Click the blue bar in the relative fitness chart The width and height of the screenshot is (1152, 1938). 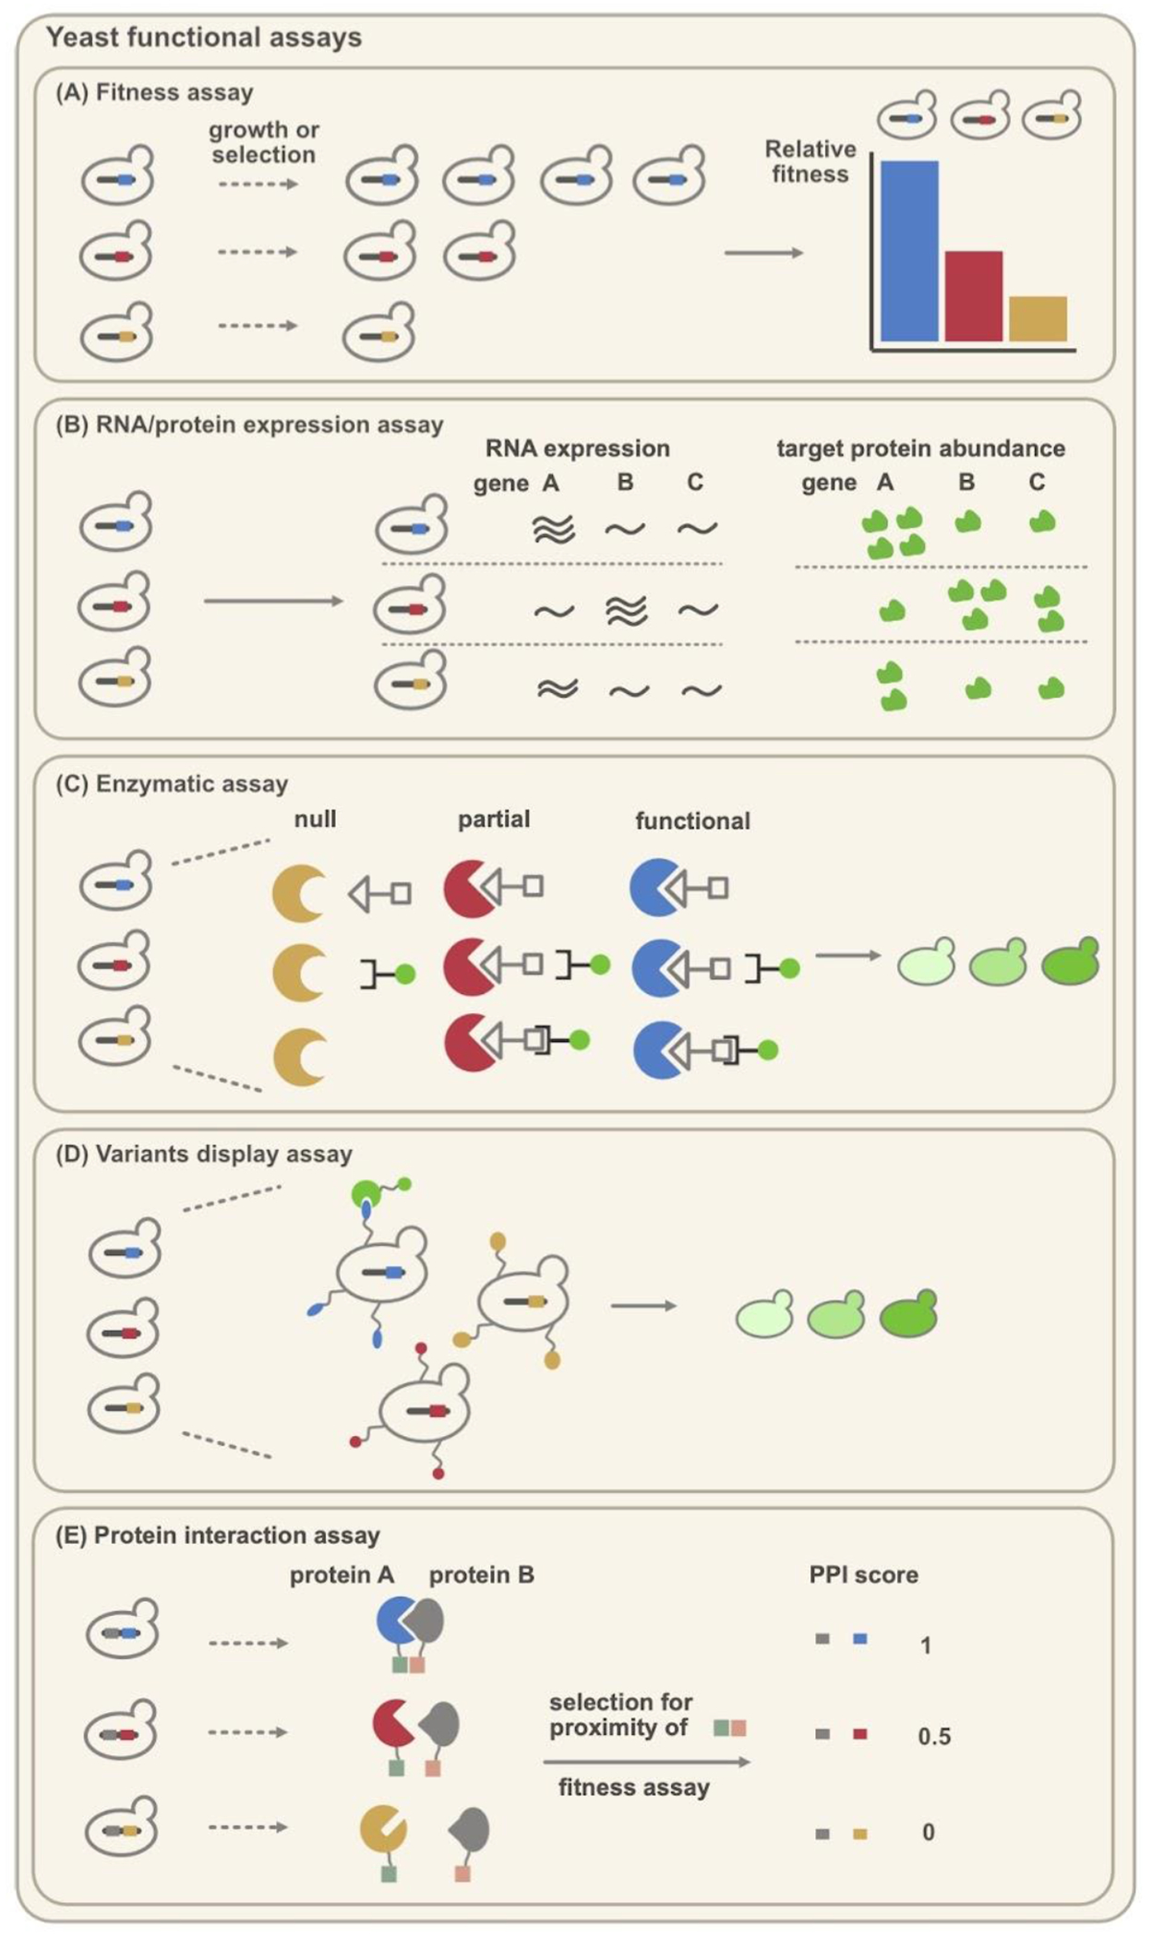[909, 251]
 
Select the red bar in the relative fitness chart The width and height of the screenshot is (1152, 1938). [973, 296]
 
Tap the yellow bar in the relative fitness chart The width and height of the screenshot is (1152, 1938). [1038, 318]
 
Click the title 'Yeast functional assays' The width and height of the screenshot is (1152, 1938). [204, 38]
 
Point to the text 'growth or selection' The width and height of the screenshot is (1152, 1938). [263, 142]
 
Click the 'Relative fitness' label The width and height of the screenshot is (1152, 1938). [810, 161]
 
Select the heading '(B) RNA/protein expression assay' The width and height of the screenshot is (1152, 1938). [249, 425]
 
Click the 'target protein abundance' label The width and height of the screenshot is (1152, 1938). [920, 449]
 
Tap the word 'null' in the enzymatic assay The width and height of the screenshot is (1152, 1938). [315, 819]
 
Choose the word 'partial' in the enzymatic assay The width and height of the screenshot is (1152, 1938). [494, 819]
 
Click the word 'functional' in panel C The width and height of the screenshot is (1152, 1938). [692, 821]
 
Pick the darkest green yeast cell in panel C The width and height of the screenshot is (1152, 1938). [1071, 963]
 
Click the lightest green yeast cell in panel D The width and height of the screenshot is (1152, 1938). [764, 1315]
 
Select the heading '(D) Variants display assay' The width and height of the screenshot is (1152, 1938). [204, 1154]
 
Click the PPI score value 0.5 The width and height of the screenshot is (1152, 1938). [933, 1737]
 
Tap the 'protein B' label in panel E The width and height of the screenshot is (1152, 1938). [482, 1575]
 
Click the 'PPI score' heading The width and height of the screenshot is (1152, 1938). [863, 1575]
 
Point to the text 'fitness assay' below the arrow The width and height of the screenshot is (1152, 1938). [633, 1788]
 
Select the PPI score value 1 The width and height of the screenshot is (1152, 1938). [925, 1645]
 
